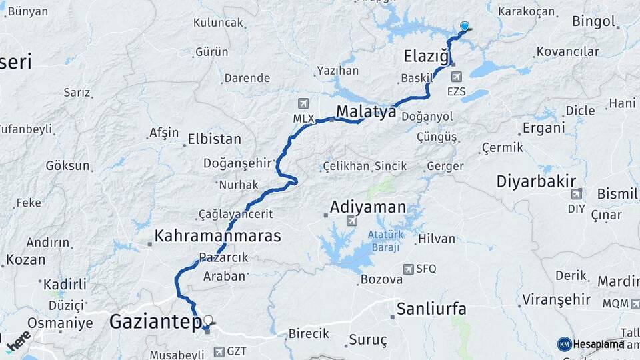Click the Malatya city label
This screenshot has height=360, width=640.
366,111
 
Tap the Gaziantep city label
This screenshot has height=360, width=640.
155,323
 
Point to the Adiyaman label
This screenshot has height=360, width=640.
368,207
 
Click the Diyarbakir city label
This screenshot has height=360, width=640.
536,181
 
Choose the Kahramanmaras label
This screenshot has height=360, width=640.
217,235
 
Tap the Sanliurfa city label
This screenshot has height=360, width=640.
431,309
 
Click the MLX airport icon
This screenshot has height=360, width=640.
304,104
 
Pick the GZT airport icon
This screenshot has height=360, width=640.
219,351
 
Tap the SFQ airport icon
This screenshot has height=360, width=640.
408,269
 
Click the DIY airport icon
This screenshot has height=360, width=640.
576,194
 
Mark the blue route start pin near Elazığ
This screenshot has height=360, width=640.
465,27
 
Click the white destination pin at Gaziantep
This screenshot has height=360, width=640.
209,321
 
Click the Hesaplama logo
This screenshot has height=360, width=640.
591,344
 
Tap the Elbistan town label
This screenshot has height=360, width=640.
214,139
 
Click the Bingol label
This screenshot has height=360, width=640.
593,21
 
